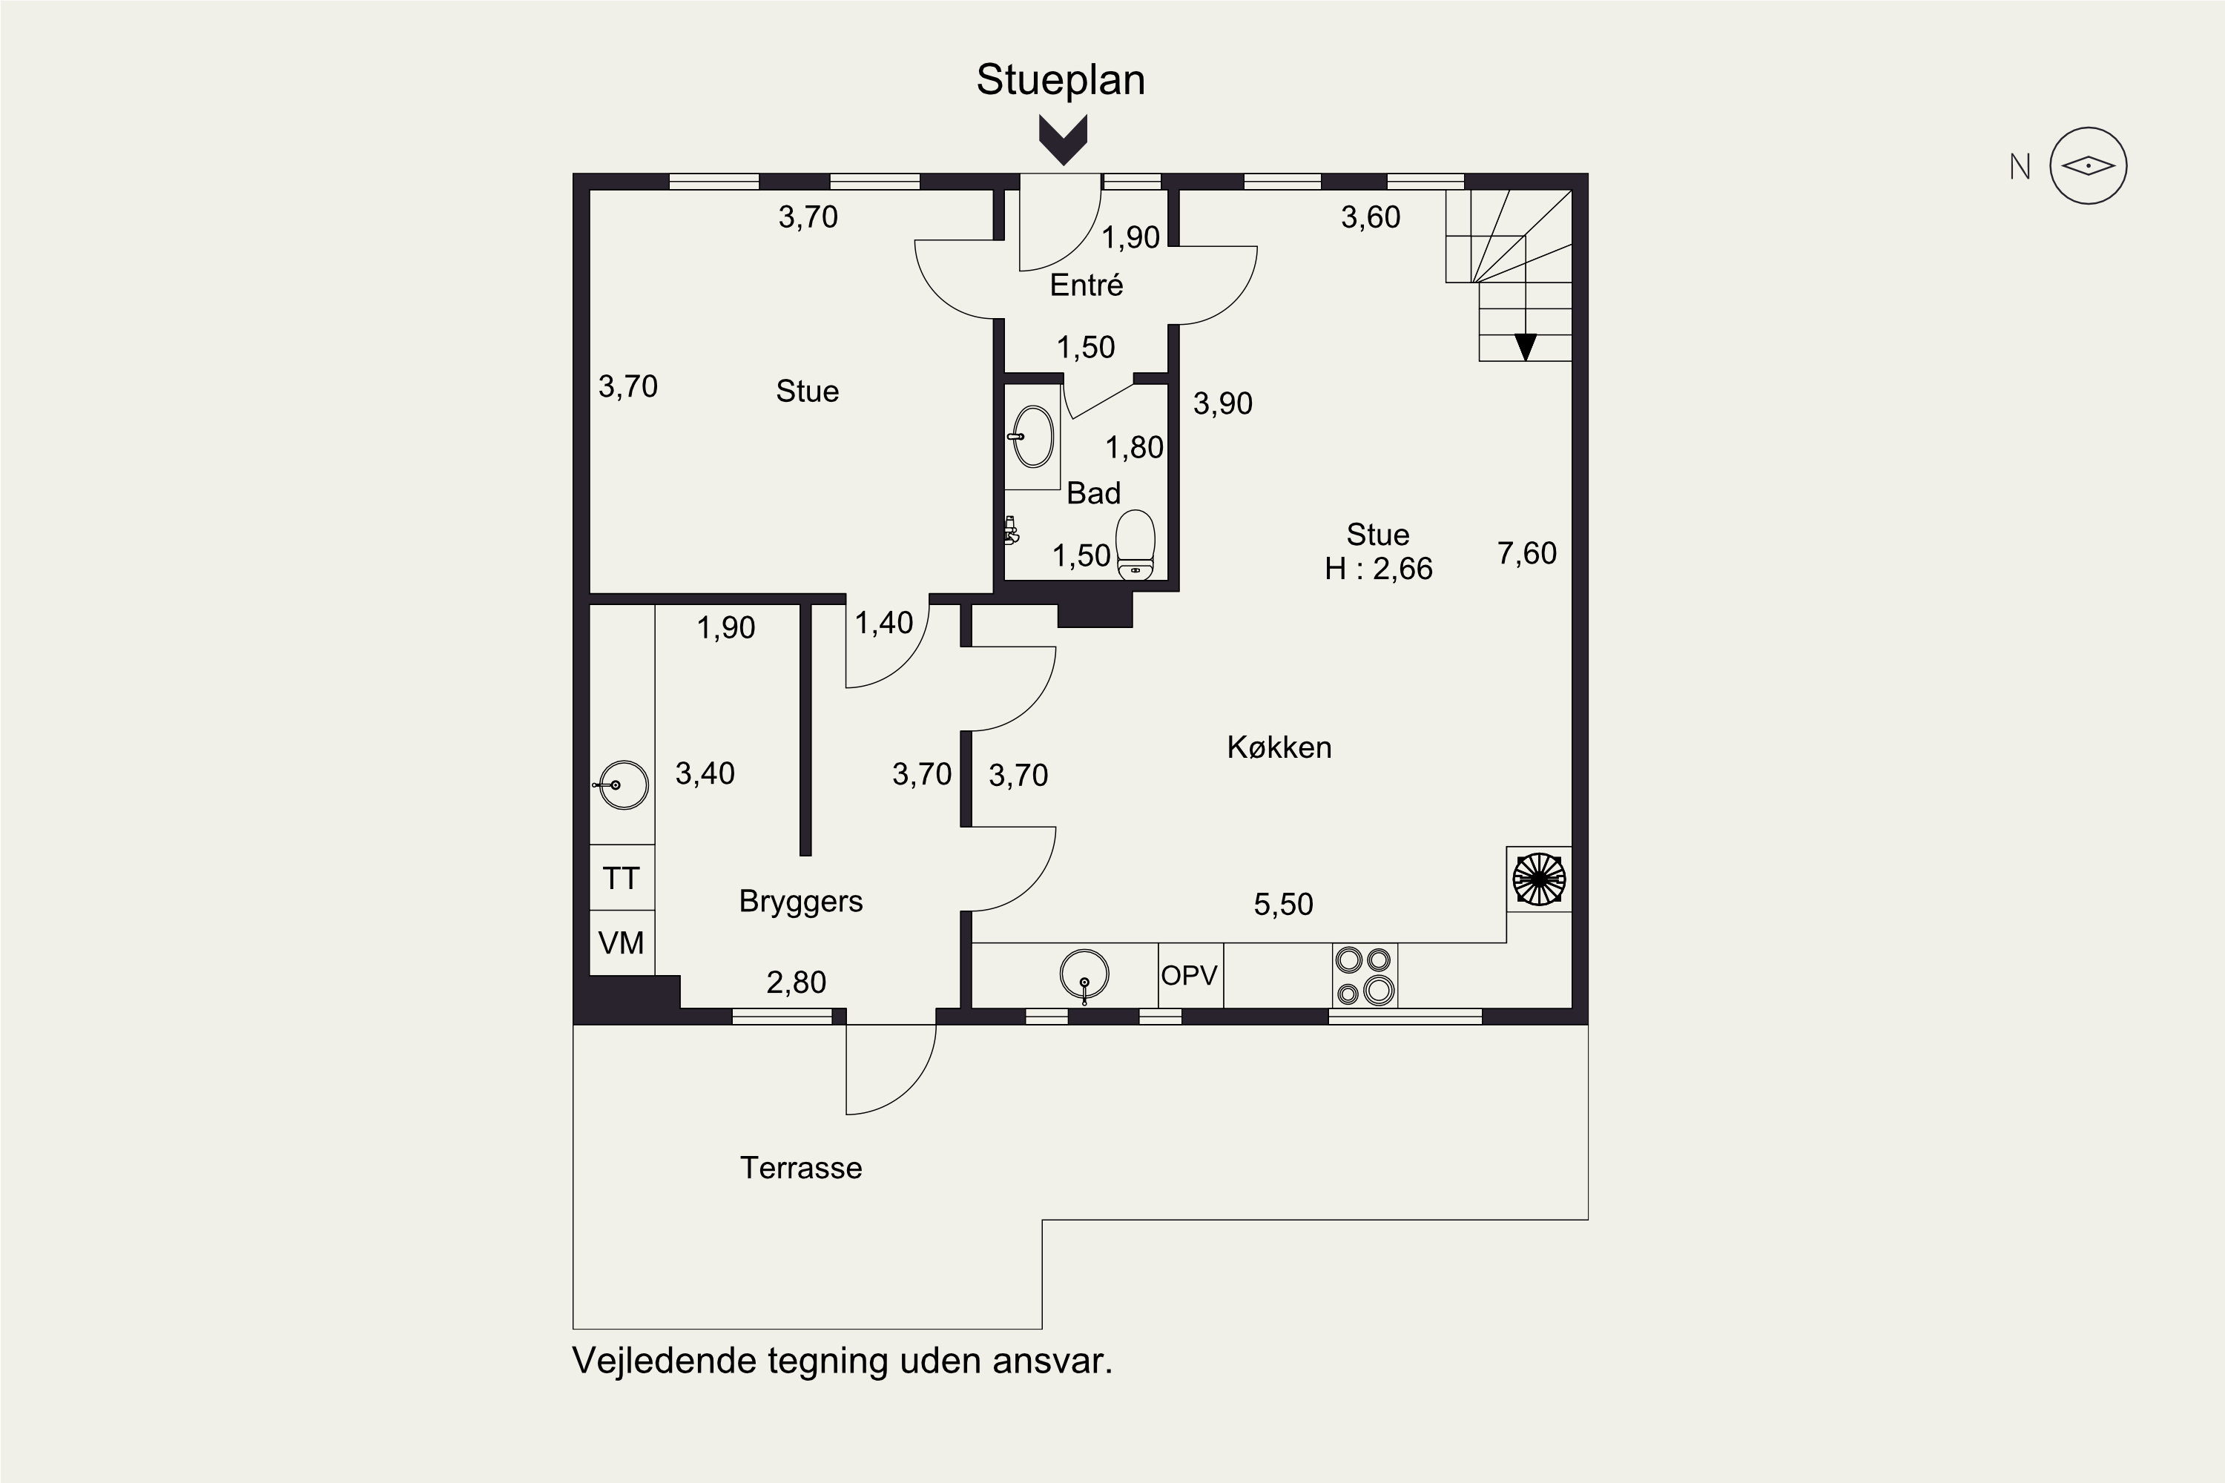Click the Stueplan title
tap(1061, 80)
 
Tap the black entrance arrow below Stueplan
tap(1064, 140)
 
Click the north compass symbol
tap(2088, 166)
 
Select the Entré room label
tap(1086, 285)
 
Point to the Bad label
tap(1093, 493)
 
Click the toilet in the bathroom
tap(1136, 545)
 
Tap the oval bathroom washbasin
tap(1033, 437)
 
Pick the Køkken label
tap(1279, 747)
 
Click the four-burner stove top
tap(1365, 975)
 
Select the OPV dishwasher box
tap(1191, 975)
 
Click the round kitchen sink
tap(1084, 975)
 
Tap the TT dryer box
tap(622, 878)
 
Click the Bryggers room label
tap(800, 902)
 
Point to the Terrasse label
tap(800, 1168)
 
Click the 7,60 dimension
tap(1527, 553)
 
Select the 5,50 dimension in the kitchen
tap(1284, 904)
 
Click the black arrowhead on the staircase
tap(1525, 347)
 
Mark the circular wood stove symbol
tap(1539, 879)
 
